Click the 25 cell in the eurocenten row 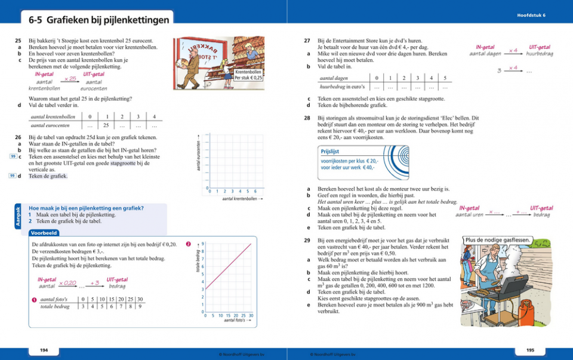pyautogui.click(x=106, y=126)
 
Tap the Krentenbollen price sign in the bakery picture pyautogui.click(x=248, y=75)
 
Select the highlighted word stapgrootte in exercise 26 pyautogui.click(x=122, y=162)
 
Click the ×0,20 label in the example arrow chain pyautogui.click(x=67, y=283)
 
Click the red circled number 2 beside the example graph pyautogui.click(x=189, y=244)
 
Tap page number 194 pyautogui.click(x=44, y=349)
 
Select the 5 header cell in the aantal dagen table pyautogui.click(x=445, y=78)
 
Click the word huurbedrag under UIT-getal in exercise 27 pyautogui.click(x=539, y=54)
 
